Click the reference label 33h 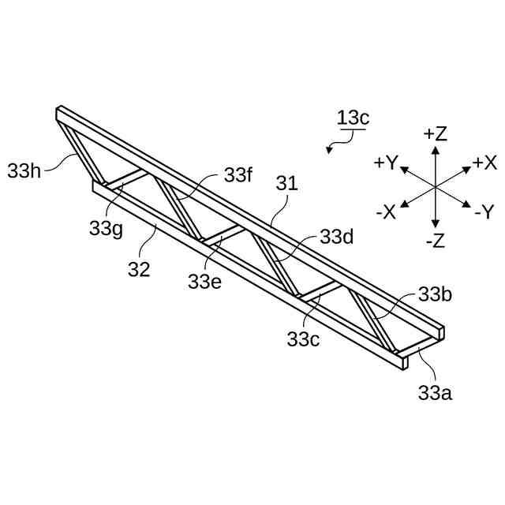[x=24, y=170]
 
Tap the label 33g [x=105, y=229]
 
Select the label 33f [x=238, y=175]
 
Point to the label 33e [x=204, y=280]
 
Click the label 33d [x=336, y=237]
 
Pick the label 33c [x=303, y=339]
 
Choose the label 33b [x=435, y=295]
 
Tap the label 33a [x=435, y=392]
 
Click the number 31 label [x=286, y=184]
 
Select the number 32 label [x=139, y=269]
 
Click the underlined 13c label [x=353, y=118]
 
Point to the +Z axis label [x=435, y=133]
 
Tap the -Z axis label [x=435, y=241]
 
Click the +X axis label [x=484, y=163]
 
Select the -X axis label [x=386, y=212]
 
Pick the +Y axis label [x=386, y=163]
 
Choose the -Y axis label [x=484, y=212]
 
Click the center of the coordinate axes [x=435, y=187]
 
